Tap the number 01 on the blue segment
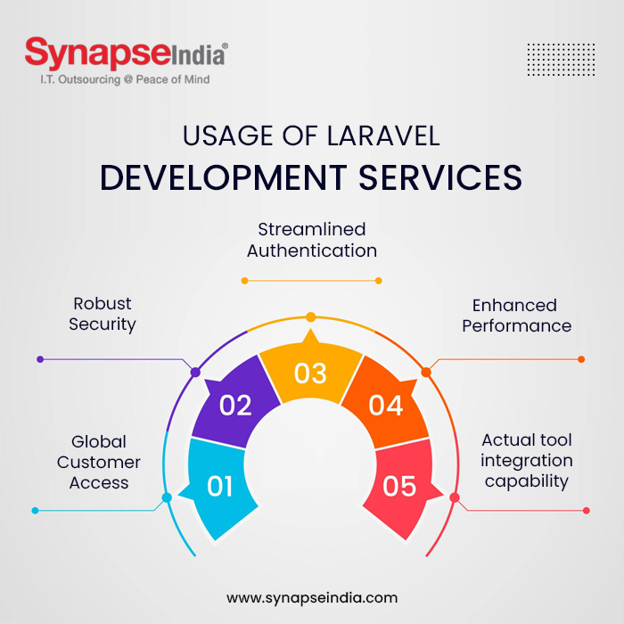pyautogui.click(x=220, y=487)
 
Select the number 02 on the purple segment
pyautogui.click(x=235, y=406)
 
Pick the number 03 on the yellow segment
pyautogui.click(x=310, y=373)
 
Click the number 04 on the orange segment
pyautogui.click(x=386, y=406)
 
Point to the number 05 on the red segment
pyautogui.click(x=400, y=487)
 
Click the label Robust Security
pyautogui.click(x=103, y=314)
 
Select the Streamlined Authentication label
pyautogui.click(x=312, y=241)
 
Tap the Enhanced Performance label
pyautogui.click(x=516, y=316)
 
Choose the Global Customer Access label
pyautogui.click(x=99, y=462)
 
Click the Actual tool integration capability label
pyautogui.click(x=526, y=461)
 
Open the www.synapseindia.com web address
pyautogui.click(x=312, y=597)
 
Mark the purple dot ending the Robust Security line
pyautogui.click(x=40, y=359)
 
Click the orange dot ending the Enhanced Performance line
pyautogui.click(x=581, y=359)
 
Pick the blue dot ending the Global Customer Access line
pyautogui.click(x=36, y=511)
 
